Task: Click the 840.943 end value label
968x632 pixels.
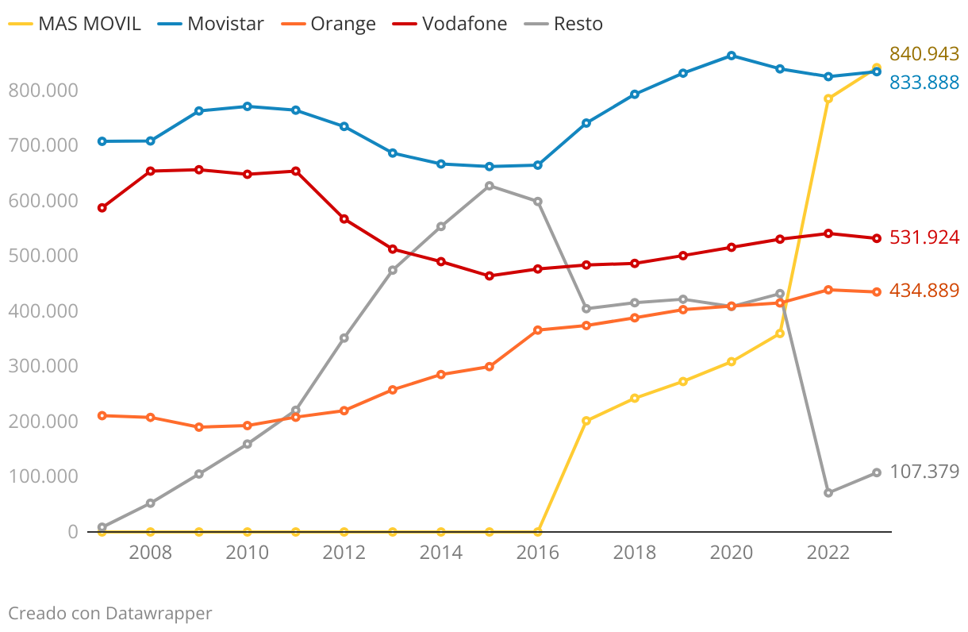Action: [924, 54]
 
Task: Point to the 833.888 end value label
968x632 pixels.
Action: [924, 82]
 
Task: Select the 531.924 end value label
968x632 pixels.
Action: [924, 237]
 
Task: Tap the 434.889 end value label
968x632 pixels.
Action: [924, 291]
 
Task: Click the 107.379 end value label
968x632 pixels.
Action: [924, 472]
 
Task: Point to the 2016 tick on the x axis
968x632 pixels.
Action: [538, 553]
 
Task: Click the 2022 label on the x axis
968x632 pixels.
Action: [828, 553]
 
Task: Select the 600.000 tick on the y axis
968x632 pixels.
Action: [43, 201]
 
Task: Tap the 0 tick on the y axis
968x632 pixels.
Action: [72, 532]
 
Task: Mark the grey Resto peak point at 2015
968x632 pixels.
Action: [490, 186]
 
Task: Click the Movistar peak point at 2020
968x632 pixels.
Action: [732, 56]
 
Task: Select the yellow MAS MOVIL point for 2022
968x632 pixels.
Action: [828, 99]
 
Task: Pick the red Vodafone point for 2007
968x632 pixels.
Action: [102, 208]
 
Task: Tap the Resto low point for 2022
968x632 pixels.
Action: [828, 493]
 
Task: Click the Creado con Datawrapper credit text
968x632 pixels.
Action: [110, 613]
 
